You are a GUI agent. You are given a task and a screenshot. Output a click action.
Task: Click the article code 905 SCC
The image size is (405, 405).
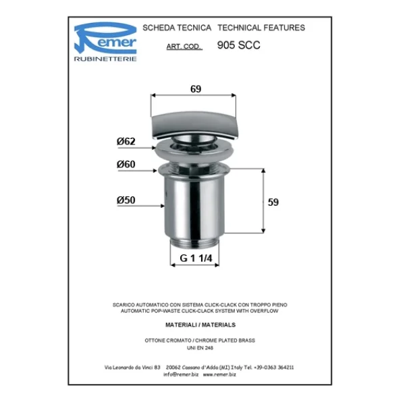click(238, 46)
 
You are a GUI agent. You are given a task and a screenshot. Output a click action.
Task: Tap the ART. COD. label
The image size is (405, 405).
click(184, 47)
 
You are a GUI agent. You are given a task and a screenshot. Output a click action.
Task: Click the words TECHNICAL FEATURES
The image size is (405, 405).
click(261, 28)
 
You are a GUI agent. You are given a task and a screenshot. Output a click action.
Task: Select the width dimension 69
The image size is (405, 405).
click(195, 89)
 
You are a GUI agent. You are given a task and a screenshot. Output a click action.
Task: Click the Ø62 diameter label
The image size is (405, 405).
click(126, 141)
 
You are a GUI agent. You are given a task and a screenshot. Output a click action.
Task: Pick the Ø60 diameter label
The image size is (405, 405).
click(126, 164)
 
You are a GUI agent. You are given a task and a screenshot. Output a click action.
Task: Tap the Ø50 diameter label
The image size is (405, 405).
click(126, 200)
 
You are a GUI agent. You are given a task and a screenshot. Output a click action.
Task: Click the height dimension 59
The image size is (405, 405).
click(273, 202)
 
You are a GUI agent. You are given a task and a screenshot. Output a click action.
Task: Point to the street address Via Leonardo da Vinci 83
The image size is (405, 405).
click(132, 367)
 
